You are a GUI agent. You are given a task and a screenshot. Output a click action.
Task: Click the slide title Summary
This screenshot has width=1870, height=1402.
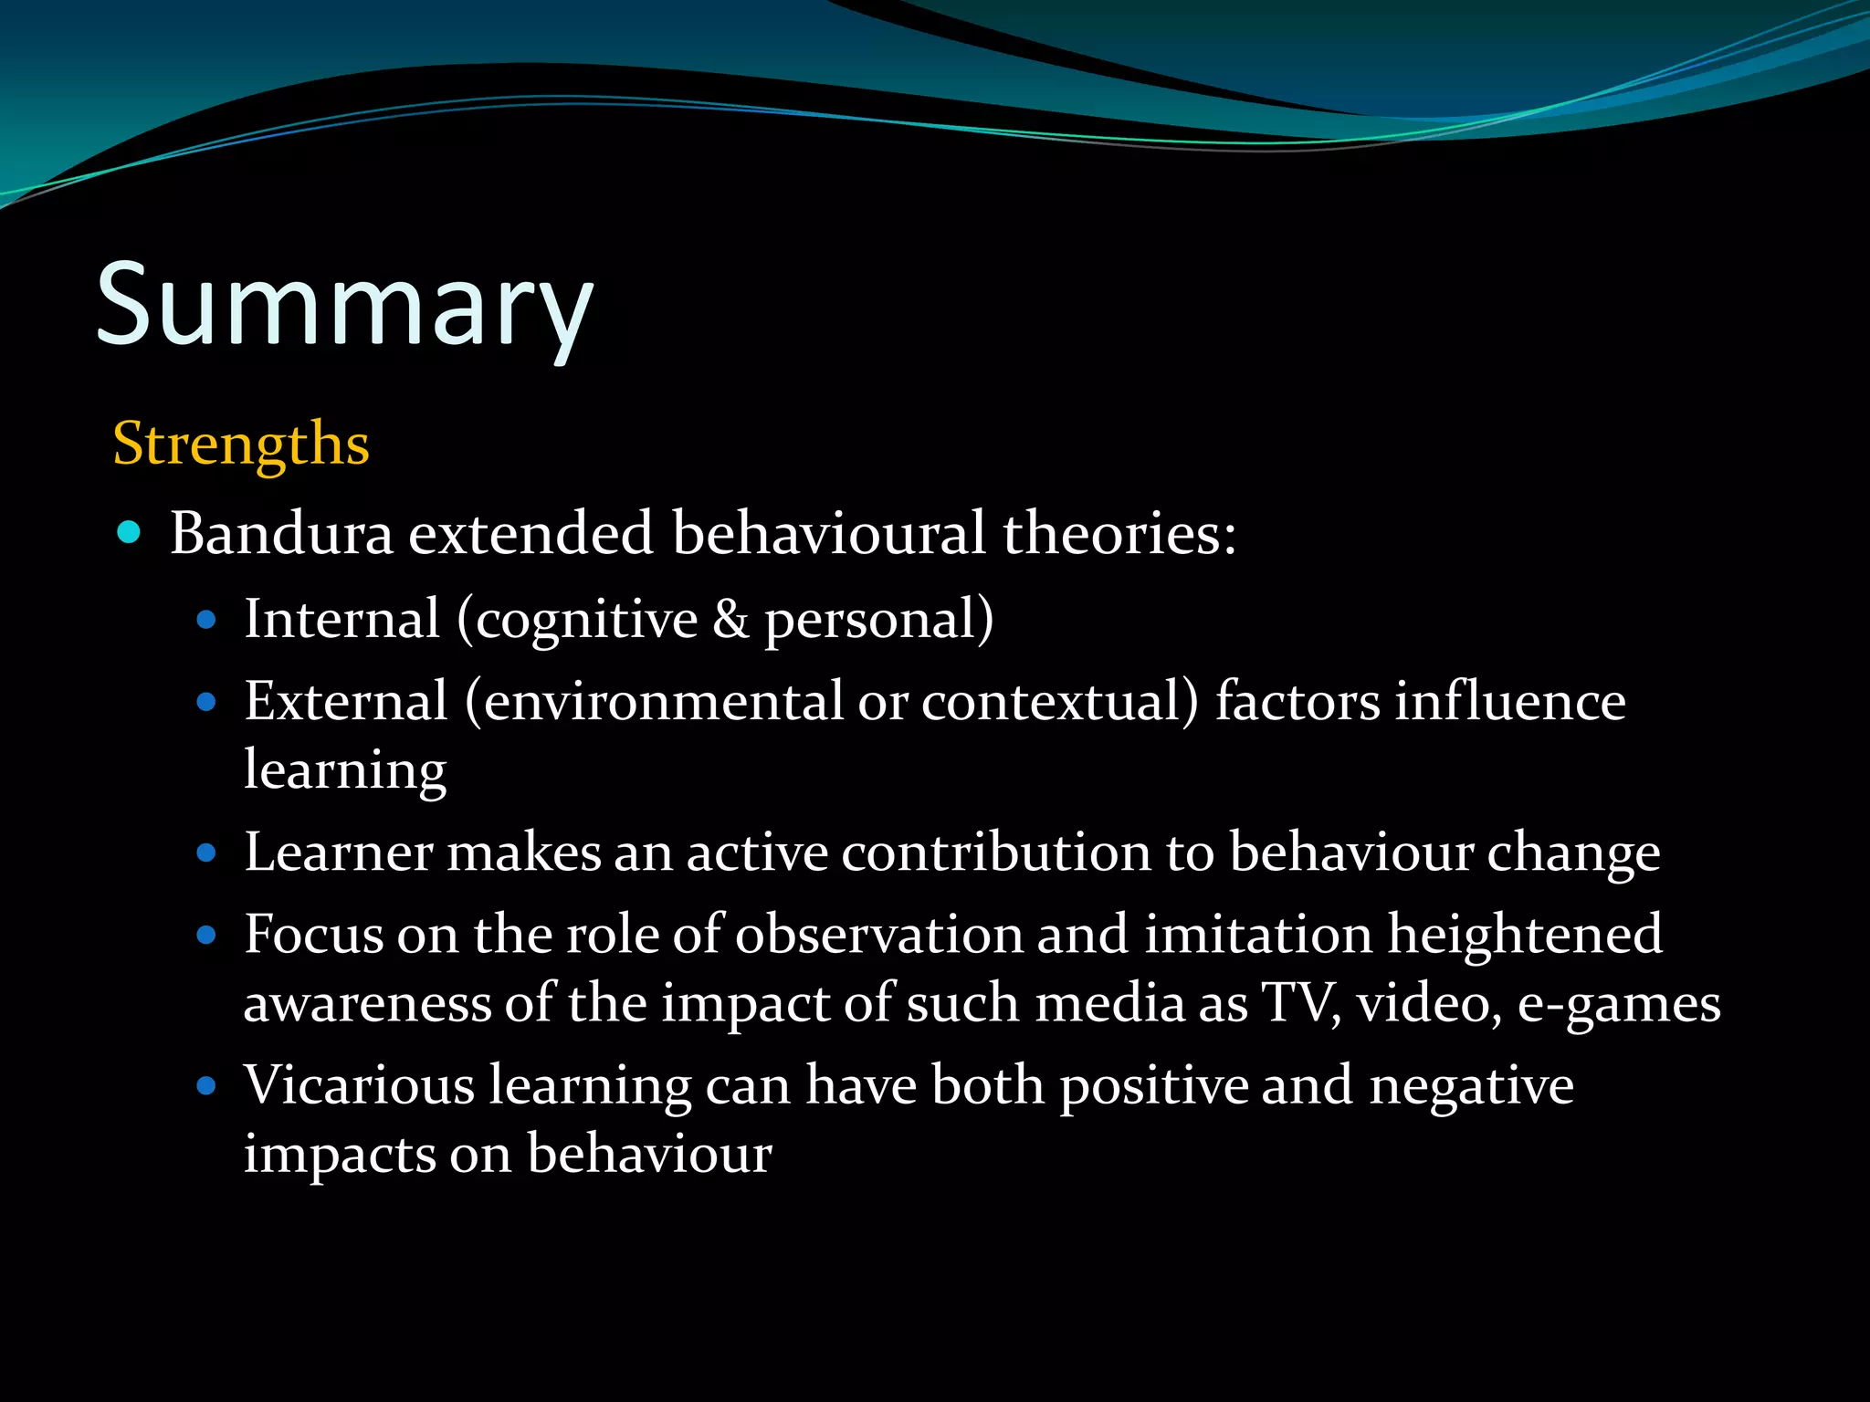(344, 306)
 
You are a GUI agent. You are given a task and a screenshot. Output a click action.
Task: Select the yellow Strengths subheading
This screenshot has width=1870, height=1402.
(241, 445)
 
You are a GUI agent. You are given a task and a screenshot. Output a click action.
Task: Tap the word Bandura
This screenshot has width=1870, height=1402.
(281, 533)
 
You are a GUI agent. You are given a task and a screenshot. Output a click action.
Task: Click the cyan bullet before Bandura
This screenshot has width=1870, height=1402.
(130, 532)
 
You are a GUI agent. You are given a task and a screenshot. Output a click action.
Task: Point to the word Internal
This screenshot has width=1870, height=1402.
(341, 620)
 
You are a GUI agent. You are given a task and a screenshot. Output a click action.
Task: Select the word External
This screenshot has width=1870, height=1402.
(345, 702)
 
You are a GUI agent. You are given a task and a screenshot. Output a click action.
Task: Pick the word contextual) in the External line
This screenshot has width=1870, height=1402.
(1058, 702)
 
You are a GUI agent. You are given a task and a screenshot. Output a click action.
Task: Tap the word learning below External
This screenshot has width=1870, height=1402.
(345, 770)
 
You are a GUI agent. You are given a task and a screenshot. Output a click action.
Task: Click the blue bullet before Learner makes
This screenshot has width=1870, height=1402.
(206, 853)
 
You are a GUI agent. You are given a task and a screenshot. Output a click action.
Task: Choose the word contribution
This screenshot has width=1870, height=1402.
(995, 853)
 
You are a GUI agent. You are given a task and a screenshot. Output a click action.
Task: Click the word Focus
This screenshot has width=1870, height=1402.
(313, 935)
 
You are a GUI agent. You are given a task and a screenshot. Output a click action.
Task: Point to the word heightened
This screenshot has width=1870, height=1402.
(1525, 935)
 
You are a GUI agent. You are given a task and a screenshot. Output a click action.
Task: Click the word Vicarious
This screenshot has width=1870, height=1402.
(358, 1085)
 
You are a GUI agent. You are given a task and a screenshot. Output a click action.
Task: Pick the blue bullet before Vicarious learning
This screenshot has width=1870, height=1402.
(206, 1086)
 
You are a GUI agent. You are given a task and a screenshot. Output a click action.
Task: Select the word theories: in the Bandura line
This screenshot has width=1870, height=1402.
(1119, 533)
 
